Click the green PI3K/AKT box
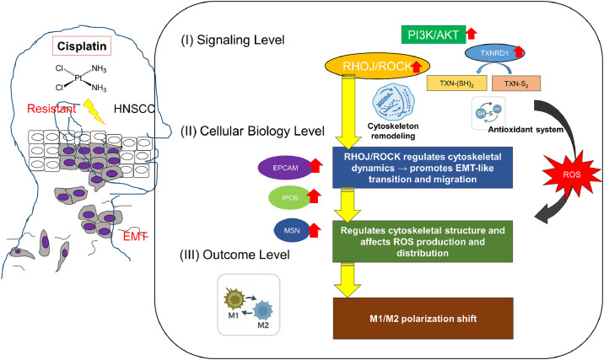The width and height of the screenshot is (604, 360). click(x=434, y=35)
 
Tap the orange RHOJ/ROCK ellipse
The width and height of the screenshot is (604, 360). click(x=378, y=67)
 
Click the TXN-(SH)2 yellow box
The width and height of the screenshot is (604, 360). click(x=457, y=83)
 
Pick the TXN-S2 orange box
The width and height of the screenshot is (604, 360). click(x=516, y=83)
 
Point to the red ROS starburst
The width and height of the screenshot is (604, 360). click(x=572, y=175)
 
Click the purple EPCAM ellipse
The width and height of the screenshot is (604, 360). click(x=285, y=168)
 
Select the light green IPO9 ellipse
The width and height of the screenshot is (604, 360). click(x=289, y=198)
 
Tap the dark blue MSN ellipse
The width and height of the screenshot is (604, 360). click(x=292, y=231)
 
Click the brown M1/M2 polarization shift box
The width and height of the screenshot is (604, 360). click(x=423, y=319)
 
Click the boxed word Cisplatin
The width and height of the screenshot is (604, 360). click(x=82, y=46)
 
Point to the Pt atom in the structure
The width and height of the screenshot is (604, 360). click(x=78, y=78)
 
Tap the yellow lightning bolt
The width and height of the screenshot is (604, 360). click(x=94, y=111)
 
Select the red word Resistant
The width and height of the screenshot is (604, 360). click(x=51, y=109)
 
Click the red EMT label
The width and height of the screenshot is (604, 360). click(x=135, y=236)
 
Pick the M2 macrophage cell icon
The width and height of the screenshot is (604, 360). click(x=263, y=310)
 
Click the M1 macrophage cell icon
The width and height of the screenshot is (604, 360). click(x=235, y=298)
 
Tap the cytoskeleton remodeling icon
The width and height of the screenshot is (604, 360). click(x=393, y=102)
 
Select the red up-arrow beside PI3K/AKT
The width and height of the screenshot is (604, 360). click(x=472, y=34)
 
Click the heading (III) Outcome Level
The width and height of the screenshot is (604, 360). click(x=235, y=255)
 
